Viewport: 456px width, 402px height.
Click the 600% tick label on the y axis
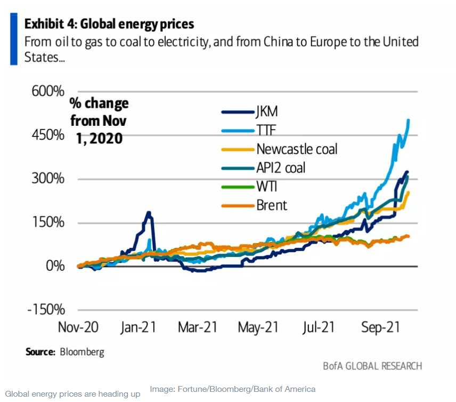click(46, 91)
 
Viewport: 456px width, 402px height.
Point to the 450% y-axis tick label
click(46, 135)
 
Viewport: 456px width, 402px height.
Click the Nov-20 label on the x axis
click(78, 327)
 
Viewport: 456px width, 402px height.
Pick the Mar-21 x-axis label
click(198, 327)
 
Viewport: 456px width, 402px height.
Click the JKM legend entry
click(267, 111)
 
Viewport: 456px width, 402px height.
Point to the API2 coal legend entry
click(281, 167)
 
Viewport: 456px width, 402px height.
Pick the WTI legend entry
click(266, 186)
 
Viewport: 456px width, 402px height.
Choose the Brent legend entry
click(272, 205)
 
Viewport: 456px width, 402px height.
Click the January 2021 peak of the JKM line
click(149, 213)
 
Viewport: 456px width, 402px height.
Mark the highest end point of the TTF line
click(408, 120)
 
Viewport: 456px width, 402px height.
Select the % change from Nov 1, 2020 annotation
click(99, 120)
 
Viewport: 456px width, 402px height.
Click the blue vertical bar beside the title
click(14, 40)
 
